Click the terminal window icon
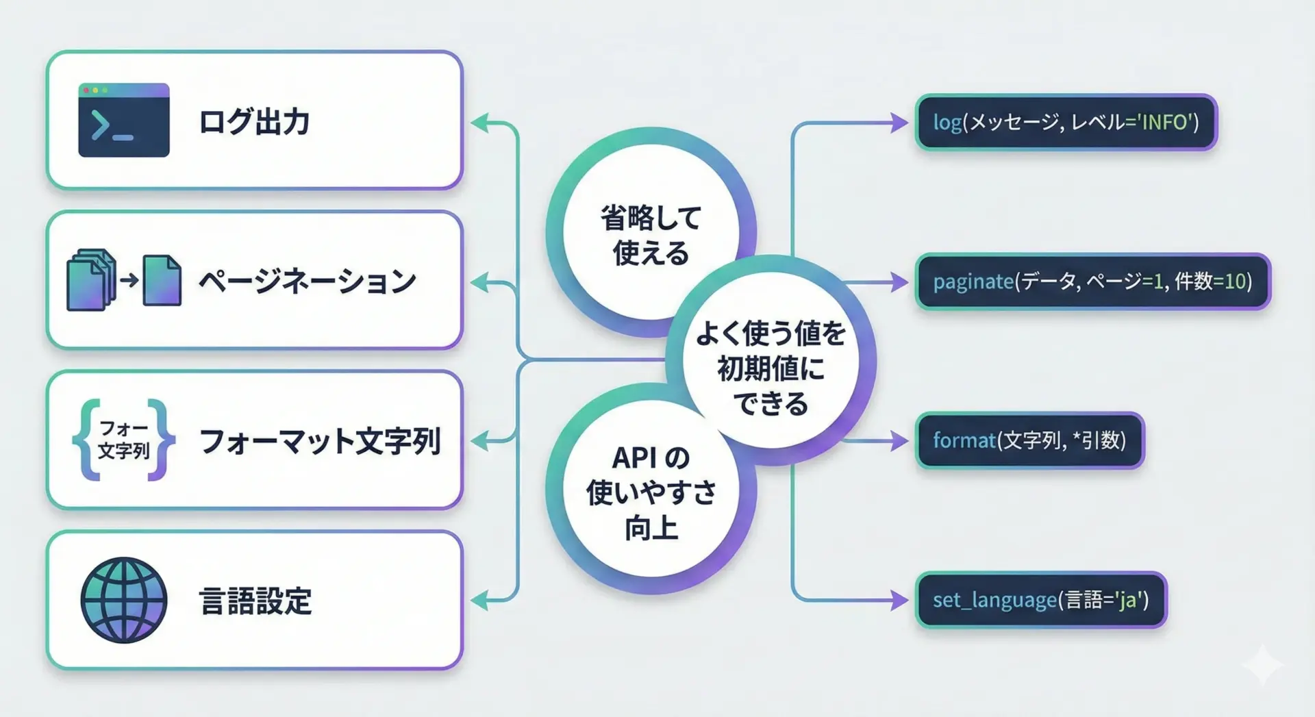(124, 120)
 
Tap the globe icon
(124, 600)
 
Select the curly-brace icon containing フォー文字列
(124, 440)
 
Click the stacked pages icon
(124, 280)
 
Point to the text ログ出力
(254, 121)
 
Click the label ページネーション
(308, 281)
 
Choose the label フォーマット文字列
(320, 440)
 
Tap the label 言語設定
(255, 601)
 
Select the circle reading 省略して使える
(651, 233)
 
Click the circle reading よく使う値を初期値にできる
(771, 360)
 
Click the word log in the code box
(947, 123)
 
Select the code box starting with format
(1030, 440)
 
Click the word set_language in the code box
(995, 601)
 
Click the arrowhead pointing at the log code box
(900, 123)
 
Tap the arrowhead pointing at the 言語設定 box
(481, 600)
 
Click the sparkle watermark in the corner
(1262, 664)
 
